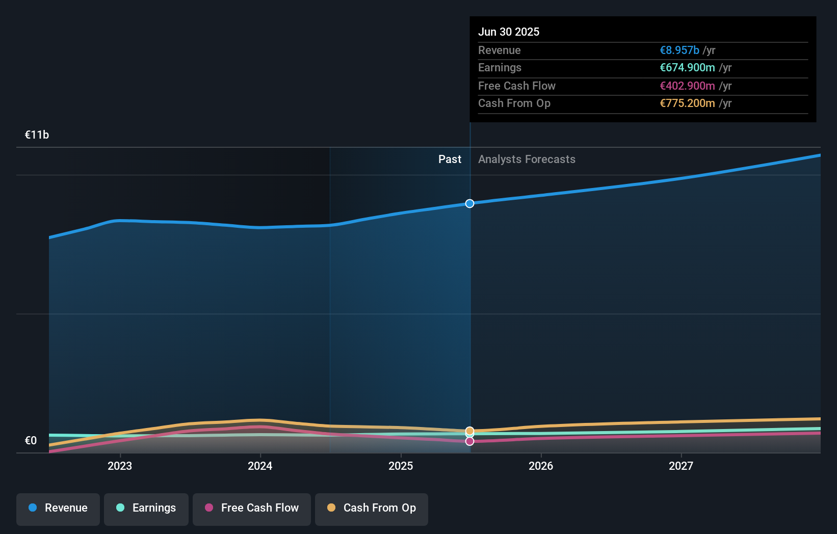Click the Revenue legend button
click(58, 508)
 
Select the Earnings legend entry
click(146, 508)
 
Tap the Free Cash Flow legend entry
click(252, 508)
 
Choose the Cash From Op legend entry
click(372, 508)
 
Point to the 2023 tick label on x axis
click(120, 466)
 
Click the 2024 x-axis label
click(260, 466)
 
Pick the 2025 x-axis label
click(401, 466)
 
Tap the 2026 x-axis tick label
click(541, 466)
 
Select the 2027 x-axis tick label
click(681, 466)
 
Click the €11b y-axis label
click(37, 135)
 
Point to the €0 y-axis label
click(31, 441)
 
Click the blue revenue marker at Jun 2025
click(469, 203)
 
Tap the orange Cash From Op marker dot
click(469, 431)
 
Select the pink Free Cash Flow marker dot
click(469, 441)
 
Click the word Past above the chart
click(450, 159)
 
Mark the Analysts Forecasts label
click(527, 159)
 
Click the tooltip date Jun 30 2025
click(509, 32)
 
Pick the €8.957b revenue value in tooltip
click(679, 50)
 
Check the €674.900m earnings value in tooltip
click(687, 68)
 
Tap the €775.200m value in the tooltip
click(687, 103)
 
